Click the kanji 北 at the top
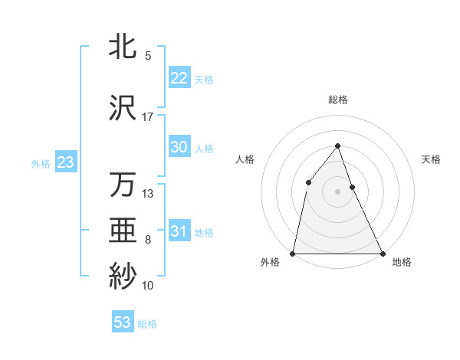coord(122,46)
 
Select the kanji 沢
coord(122,107)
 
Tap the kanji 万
coord(122,185)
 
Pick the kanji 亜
coord(122,231)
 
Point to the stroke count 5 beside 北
coord(148,56)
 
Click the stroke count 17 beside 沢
coord(148,117)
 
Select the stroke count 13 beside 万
coord(148,194)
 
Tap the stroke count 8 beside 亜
coord(148,240)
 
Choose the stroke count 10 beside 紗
coord(148,286)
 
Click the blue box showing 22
coord(179,78)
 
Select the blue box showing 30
coord(179,147)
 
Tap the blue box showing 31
coord(179,231)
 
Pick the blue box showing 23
coord(65,162)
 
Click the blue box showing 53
coord(123,322)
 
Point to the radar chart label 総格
coord(338,100)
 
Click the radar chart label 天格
coord(432,159)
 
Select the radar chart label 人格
coord(245,159)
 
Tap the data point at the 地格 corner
coord(382,253)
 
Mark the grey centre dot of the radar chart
coord(337,191)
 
